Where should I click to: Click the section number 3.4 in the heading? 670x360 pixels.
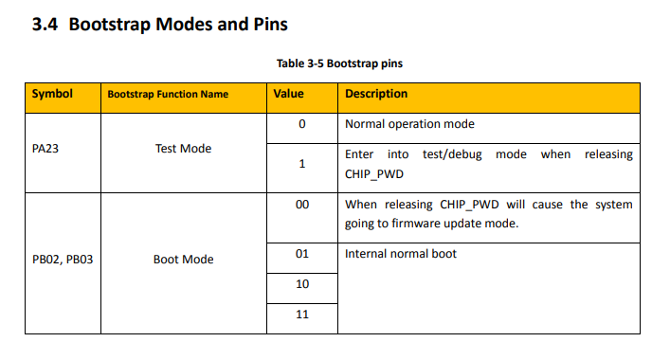(x=45, y=25)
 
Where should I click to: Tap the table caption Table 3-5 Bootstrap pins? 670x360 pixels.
(x=339, y=63)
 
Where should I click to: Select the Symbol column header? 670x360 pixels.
(x=52, y=94)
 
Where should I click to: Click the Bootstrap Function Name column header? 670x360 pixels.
(x=168, y=94)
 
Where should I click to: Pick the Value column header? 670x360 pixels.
(x=288, y=94)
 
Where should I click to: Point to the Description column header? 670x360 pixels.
(x=376, y=94)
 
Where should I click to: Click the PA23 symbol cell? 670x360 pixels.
(x=45, y=149)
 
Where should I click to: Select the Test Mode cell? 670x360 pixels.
(x=183, y=149)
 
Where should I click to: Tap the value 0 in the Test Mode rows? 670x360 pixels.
(x=302, y=124)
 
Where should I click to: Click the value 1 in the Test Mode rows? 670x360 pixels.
(x=302, y=164)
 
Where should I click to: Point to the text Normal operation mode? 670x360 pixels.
(x=409, y=124)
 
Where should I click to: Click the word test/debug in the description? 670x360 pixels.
(x=452, y=154)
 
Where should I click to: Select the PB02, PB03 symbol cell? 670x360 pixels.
(x=63, y=260)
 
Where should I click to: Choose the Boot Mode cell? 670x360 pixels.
(x=183, y=260)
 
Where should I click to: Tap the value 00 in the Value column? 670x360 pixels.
(x=302, y=205)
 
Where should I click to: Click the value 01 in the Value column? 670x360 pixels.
(x=302, y=254)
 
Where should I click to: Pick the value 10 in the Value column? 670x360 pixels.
(x=302, y=284)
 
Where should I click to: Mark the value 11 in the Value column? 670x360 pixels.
(x=302, y=315)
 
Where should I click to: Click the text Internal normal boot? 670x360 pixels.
(x=401, y=254)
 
